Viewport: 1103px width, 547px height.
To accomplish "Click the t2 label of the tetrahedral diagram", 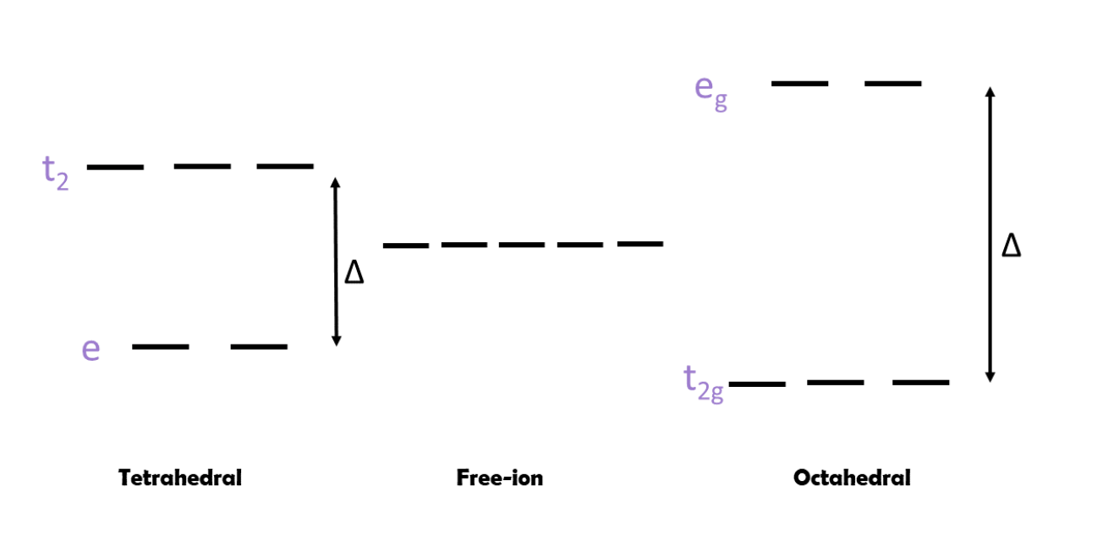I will [55, 172].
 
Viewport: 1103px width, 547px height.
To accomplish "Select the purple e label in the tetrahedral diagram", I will [91, 349].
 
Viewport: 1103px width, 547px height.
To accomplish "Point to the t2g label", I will [704, 383].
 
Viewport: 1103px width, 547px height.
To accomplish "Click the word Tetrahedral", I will [180, 478].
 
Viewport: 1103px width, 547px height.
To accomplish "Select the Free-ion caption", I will [500, 478].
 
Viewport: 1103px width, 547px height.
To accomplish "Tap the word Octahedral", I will [852, 478].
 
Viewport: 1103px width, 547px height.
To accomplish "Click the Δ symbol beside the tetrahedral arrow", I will [354, 273].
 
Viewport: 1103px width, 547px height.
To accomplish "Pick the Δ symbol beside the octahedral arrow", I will [1011, 246].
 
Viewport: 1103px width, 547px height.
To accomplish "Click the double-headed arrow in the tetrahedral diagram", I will [336, 262].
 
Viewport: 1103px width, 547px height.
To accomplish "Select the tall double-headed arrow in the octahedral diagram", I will [991, 235].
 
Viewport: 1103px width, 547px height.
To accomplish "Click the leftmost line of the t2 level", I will [115, 167].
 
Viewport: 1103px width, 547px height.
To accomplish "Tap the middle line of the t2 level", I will [202, 166].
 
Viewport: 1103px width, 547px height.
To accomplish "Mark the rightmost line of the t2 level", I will [285, 166].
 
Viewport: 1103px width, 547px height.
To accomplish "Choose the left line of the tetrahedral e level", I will [161, 346].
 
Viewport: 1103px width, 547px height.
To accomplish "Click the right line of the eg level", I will [892, 84].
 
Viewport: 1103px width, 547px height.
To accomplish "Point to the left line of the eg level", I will [799, 84].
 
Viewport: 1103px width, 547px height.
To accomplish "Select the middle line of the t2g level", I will [836, 383].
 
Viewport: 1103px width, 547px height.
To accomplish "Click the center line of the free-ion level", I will [522, 245].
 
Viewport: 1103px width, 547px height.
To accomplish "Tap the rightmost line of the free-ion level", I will [639, 244].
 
